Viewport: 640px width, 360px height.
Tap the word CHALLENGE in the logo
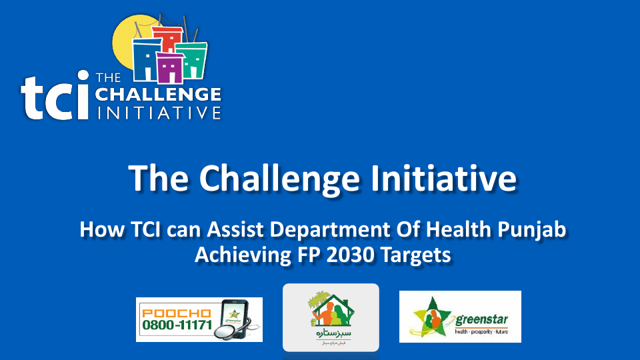158,94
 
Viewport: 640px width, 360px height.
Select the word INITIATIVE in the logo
158,112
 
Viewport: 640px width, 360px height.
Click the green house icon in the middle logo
330,309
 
